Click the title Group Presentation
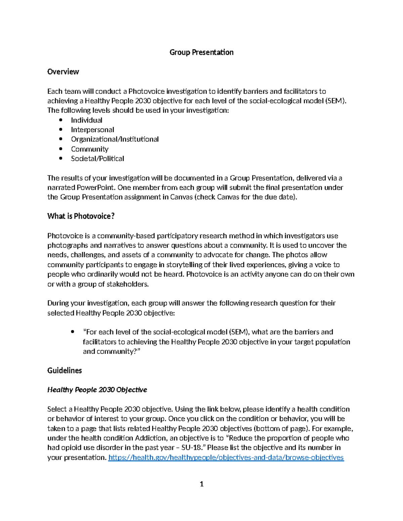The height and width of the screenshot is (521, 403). coord(201,52)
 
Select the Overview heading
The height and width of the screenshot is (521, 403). coord(63,72)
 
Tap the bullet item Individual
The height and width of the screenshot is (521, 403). coord(86,120)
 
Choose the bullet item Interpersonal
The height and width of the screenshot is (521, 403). coord(92,130)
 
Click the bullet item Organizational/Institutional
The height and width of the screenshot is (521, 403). coord(115,139)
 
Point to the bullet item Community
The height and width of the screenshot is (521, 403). coord(89,149)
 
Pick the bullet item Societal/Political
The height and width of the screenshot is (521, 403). coord(97,159)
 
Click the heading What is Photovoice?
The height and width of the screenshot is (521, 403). coord(81,216)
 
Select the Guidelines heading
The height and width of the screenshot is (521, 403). coord(64,371)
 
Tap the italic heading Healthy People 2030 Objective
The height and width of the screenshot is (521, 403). coord(97,390)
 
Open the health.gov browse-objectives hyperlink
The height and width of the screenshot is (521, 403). coord(226,458)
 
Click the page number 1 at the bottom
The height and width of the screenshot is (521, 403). coord(201,484)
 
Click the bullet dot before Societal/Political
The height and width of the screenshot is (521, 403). coord(61,158)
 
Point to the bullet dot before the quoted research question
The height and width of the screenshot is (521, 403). coord(73,332)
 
